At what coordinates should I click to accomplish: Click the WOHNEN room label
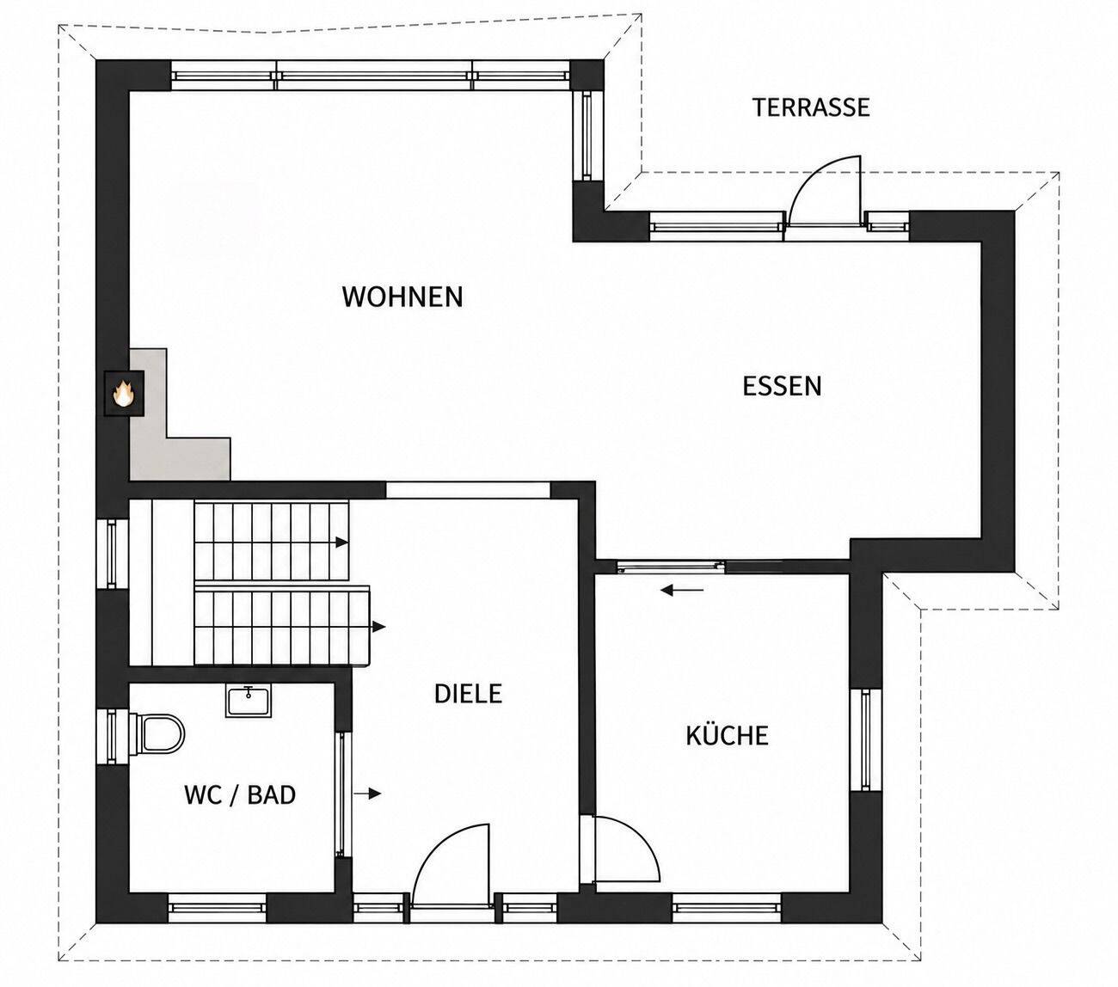pyautogui.click(x=402, y=297)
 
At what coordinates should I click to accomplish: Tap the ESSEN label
pyautogui.click(x=782, y=386)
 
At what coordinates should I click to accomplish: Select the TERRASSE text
pyautogui.click(x=811, y=107)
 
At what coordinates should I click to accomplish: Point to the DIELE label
pyautogui.click(x=468, y=694)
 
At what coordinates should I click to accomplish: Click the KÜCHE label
pyautogui.click(x=727, y=734)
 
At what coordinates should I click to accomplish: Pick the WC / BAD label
pyautogui.click(x=239, y=795)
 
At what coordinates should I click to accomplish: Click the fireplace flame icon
pyautogui.click(x=124, y=394)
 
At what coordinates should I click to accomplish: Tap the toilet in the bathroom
pyautogui.click(x=157, y=733)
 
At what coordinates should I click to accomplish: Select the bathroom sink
pyautogui.click(x=248, y=702)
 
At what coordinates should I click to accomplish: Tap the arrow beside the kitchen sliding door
pyautogui.click(x=682, y=591)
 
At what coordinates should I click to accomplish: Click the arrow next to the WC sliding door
pyautogui.click(x=367, y=794)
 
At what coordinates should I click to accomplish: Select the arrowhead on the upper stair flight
pyautogui.click(x=342, y=543)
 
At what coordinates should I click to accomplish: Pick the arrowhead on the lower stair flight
pyautogui.click(x=378, y=627)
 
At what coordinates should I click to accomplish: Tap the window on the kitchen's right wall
pyautogui.click(x=865, y=739)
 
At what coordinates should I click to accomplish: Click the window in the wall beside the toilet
pyautogui.click(x=113, y=737)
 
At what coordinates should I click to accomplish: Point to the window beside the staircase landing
pyautogui.click(x=113, y=554)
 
